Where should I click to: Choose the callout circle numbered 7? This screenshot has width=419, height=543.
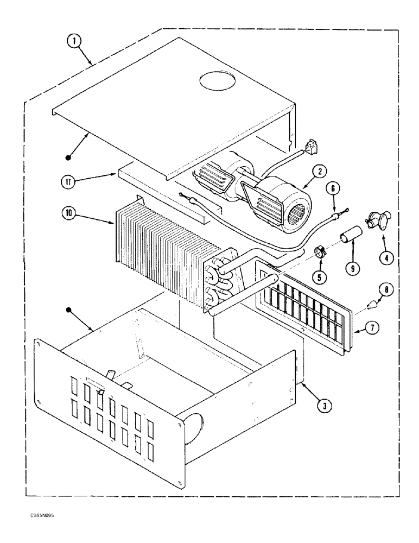coord(370,329)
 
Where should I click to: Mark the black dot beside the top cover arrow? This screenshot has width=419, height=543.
coord(68,157)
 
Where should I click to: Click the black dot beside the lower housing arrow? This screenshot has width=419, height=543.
coord(69,310)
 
